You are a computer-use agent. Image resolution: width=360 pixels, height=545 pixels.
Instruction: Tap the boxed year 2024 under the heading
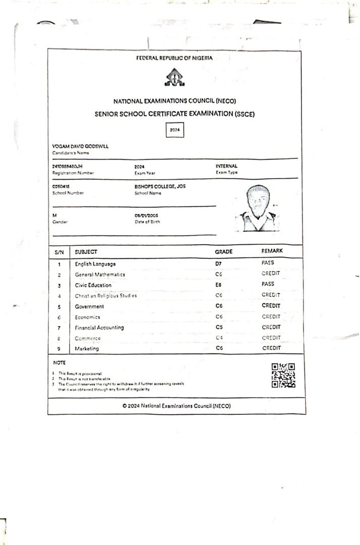click(x=175, y=130)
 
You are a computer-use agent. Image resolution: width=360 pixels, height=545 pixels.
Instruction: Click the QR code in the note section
click(x=283, y=375)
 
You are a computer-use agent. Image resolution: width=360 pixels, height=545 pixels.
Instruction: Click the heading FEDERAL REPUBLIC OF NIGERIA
click(x=174, y=58)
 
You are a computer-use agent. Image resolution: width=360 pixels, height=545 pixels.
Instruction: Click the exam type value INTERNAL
click(x=226, y=166)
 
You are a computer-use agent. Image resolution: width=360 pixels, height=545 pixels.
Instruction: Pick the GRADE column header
click(x=224, y=251)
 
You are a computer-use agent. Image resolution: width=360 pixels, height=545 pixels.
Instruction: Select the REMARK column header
click(x=272, y=251)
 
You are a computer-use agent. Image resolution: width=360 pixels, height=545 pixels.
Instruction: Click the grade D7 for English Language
click(x=218, y=263)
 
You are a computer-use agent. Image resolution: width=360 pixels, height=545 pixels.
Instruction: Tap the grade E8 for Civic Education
click(x=219, y=285)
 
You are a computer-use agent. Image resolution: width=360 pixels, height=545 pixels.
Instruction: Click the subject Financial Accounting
click(x=99, y=328)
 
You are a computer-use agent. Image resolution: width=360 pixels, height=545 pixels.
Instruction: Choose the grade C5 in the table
click(x=219, y=328)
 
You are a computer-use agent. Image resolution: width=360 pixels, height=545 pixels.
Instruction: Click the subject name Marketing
click(x=87, y=349)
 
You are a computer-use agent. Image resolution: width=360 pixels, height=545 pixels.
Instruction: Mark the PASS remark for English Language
click(x=268, y=263)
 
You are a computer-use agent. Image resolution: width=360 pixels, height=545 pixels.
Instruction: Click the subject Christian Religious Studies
click(x=106, y=296)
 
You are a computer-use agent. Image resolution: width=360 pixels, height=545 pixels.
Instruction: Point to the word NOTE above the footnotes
click(x=59, y=363)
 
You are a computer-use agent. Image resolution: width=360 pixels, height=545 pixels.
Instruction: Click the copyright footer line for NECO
click(x=176, y=406)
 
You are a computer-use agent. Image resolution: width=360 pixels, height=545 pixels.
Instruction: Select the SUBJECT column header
click(x=86, y=251)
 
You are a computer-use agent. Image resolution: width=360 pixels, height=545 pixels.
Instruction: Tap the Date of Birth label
click(x=147, y=222)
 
